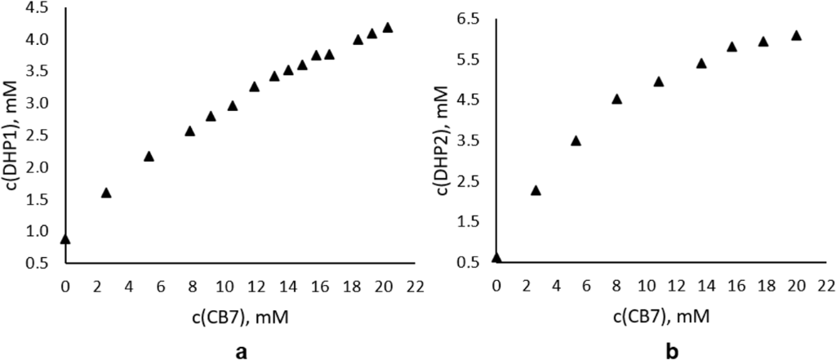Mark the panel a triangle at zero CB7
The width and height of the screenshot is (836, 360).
(65, 238)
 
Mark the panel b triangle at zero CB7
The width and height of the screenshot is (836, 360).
(497, 258)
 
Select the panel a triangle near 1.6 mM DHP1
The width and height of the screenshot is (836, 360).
(106, 193)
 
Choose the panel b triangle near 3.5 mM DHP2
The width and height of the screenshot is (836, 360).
(576, 140)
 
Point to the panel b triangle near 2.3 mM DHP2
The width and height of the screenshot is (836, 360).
(536, 190)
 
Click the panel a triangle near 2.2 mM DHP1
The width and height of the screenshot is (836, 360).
(149, 156)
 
